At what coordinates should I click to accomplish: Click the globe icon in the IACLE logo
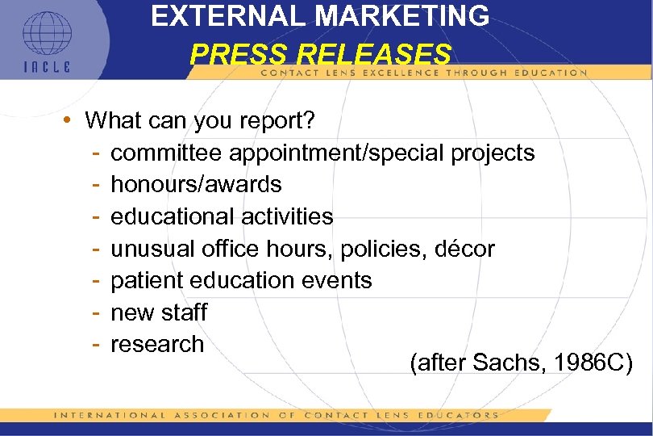click(47, 33)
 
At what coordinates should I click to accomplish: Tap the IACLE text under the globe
click(47, 67)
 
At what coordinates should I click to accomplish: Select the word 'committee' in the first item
click(167, 153)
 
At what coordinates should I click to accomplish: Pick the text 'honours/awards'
click(196, 184)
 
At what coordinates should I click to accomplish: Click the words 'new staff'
click(159, 312)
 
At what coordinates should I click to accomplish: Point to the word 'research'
click(157, 344)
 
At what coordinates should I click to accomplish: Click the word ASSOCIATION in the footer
click(227, 415)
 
